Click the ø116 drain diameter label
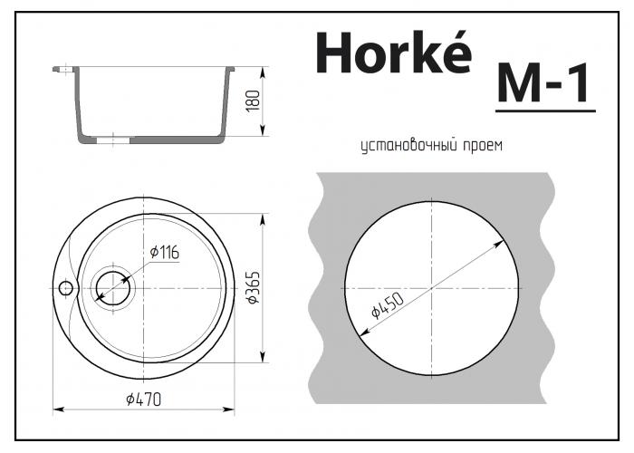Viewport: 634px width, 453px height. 164,254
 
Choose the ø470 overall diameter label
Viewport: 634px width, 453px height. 145,399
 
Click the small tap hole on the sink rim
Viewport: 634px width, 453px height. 65,288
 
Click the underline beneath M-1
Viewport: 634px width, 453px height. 544,111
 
